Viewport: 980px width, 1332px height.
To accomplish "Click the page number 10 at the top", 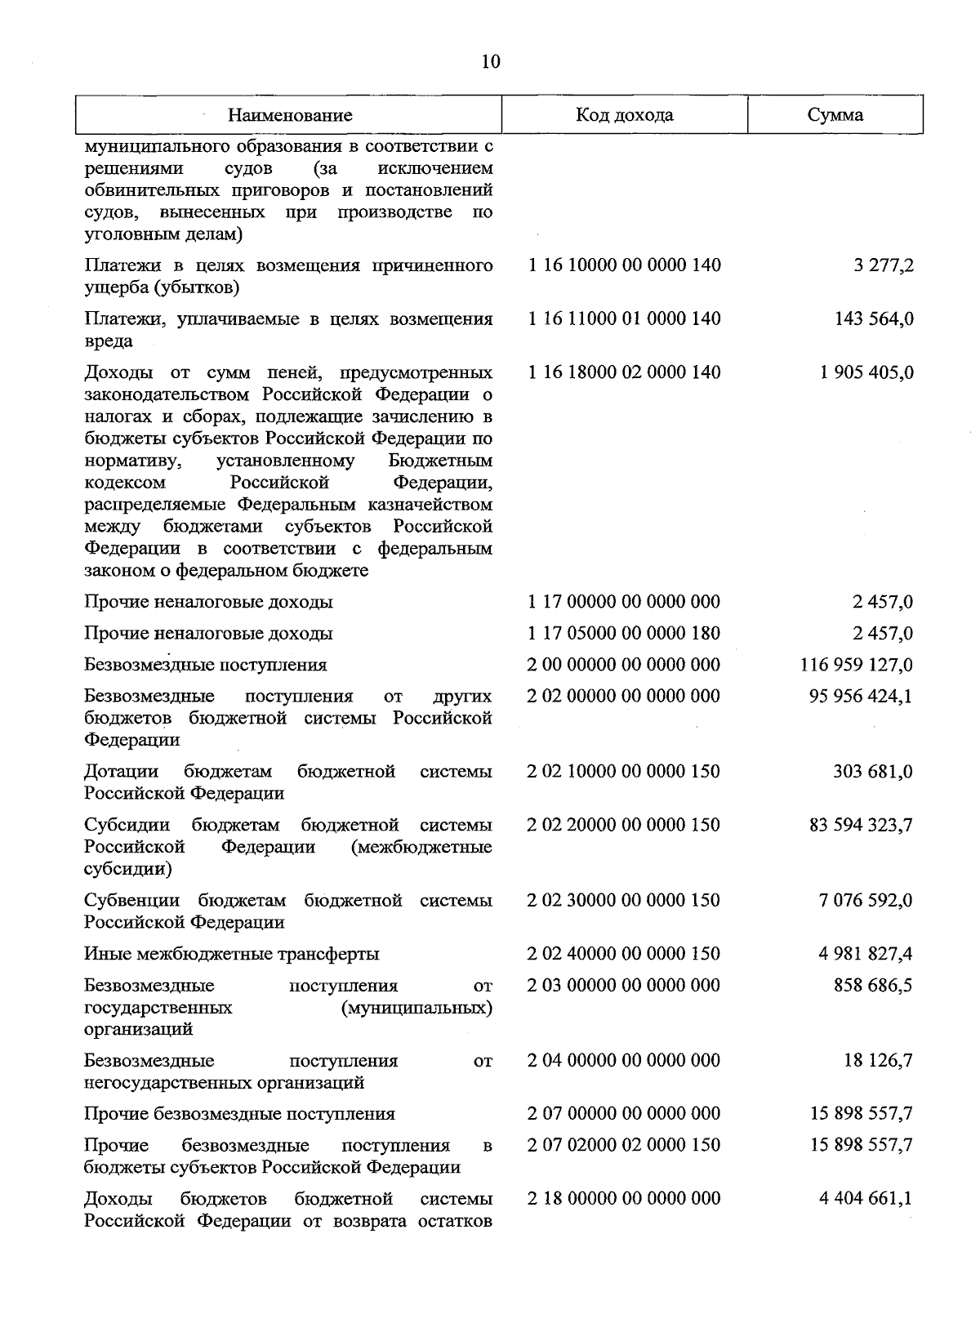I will pyautogui.click(x=491, y=62).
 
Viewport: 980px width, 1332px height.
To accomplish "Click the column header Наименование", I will pyautogui.click(x=290, y=115).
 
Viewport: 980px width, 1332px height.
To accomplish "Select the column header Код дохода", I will pyautogui.click(x=625, y=114).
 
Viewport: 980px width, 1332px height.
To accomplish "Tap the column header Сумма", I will pyautogui.click(x=835, y=114).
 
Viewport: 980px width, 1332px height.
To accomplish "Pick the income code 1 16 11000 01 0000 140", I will pyautogui.click(x=625, y=319).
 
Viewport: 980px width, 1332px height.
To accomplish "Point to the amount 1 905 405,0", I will pyautogui.click(x=866, y=372).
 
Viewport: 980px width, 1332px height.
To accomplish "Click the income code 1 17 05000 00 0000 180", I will pyautogui.click(x=624, y=633).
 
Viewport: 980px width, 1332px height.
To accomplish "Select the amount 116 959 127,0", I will pyautogui.click(x=857, y=665).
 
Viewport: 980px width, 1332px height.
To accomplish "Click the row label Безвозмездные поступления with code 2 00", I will pyautogui.click(x=206, y=665).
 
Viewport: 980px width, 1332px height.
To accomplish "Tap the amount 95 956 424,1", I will pyautogui.click(x=861, y=696).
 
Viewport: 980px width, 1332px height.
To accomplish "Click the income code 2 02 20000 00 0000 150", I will pyautogui.click(x=624, y=825).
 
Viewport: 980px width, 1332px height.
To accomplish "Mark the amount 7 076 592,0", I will pyautogui.click(x=866, y=900).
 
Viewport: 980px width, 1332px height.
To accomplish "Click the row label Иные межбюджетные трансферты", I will pyautogui.click(x=232, y=954).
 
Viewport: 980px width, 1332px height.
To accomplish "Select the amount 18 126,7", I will pyautogui.click(x=878, y=1060).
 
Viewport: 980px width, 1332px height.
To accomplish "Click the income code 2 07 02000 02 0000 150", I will pyautogui.click(x=624, y=1145).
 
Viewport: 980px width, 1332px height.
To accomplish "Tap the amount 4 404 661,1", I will pyautogui.click(x=866, y=1198).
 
